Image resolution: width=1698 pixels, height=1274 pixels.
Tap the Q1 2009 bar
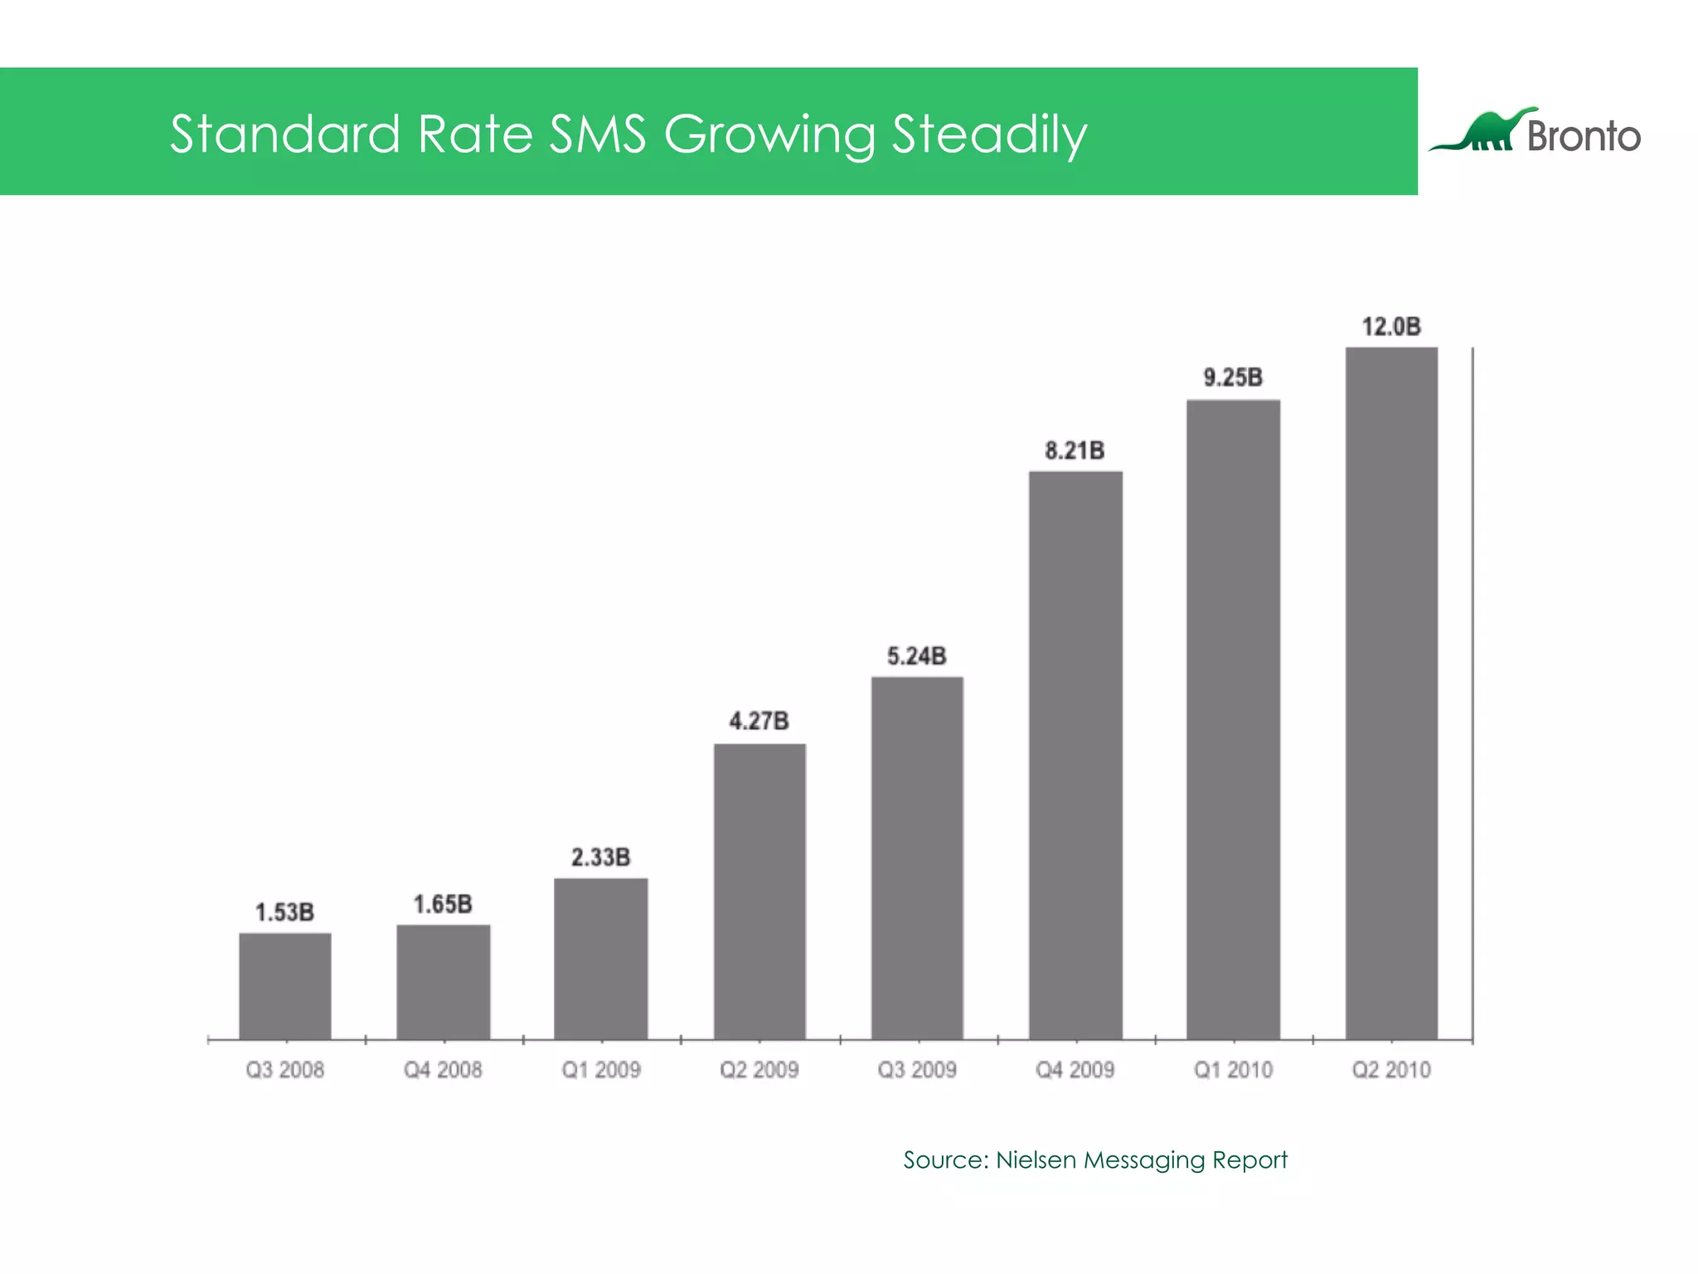600,958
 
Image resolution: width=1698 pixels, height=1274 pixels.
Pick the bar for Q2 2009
759,891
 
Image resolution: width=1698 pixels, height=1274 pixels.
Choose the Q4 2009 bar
1075,755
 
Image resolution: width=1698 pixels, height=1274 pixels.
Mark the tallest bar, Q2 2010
1391,693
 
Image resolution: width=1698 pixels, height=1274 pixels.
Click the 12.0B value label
1391,327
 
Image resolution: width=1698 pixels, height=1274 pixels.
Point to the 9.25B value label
1233,378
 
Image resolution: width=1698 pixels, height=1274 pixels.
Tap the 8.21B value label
1075,450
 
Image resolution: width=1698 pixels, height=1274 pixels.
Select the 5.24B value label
916,656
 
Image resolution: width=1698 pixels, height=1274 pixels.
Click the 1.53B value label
284,912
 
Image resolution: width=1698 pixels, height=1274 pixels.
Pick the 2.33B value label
600,857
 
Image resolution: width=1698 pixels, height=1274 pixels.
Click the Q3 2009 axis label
917,1070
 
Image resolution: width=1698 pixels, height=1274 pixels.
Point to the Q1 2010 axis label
1233,1070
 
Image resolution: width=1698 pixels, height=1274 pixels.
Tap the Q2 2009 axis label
759,1070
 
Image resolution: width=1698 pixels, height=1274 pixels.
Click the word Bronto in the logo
1584,136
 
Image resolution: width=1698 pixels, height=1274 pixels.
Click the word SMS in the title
597,134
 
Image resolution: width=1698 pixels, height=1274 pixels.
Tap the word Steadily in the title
989,135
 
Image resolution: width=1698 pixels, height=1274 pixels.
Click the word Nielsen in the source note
1036,1160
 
